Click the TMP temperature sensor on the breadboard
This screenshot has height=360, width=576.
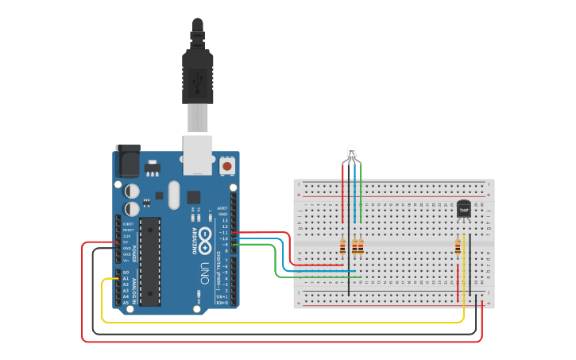click(464, 209)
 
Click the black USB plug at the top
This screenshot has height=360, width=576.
click(197, 72)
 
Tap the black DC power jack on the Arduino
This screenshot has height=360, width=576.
click(128, 161)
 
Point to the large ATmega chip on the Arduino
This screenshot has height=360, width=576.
click(151, 261)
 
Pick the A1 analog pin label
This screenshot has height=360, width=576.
click(126, 279)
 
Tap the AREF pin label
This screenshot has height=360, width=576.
click(222, 208)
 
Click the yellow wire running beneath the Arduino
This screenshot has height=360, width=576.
click(278, 322)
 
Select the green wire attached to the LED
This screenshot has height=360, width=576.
click(361, 195)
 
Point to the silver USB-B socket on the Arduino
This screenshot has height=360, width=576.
click(198, 154)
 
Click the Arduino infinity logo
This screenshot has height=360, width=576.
click(204, 237)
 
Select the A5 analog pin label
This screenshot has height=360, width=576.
click(126, 303)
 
